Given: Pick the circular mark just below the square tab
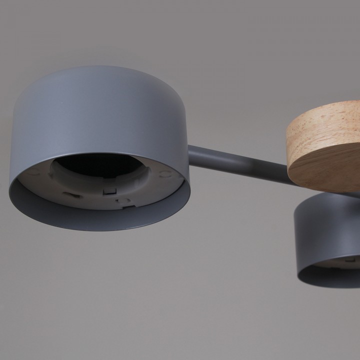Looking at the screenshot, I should click(120, 201).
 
